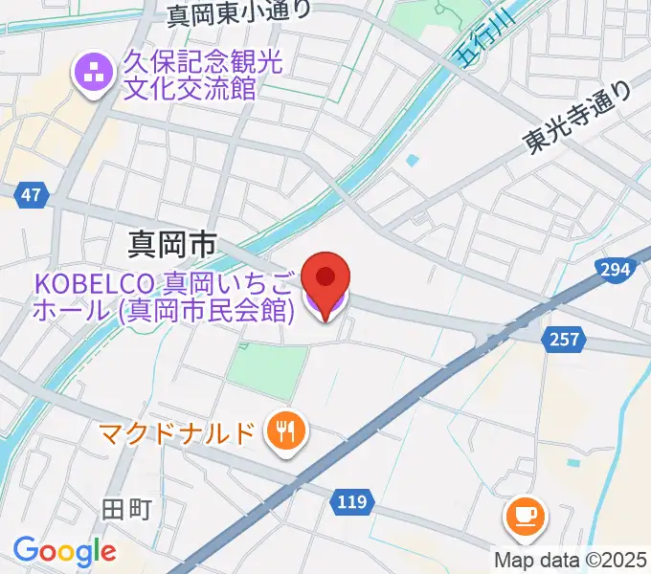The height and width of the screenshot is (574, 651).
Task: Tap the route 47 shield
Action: click(x=31, y=195)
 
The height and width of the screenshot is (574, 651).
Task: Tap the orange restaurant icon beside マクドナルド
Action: click(x=284, y=432)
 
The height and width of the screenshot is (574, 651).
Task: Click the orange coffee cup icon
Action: click(x=525, y=517)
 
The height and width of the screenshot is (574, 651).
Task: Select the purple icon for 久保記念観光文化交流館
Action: click(x=94, y=73)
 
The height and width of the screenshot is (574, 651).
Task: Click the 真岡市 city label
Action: click(x=172, y=245)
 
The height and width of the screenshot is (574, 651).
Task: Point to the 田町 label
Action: click(x=128, y=509)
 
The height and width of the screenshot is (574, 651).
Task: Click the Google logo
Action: click(x=64, y=551)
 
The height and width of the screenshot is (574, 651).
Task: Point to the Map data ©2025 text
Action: click(x=570, y=560)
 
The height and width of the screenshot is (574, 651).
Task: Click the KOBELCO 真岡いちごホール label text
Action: click(x=164, y=296)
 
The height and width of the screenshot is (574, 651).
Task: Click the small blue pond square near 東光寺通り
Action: click(x=412, y=160)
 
